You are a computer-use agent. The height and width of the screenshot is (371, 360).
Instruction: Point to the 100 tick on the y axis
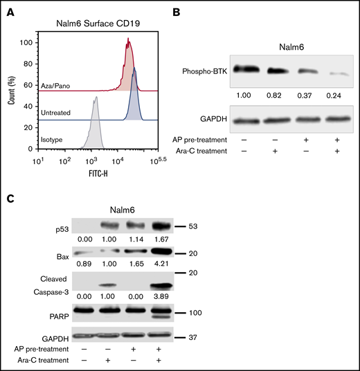pos(27,43)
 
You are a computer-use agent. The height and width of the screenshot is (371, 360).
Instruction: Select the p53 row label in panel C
pos(62,226)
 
